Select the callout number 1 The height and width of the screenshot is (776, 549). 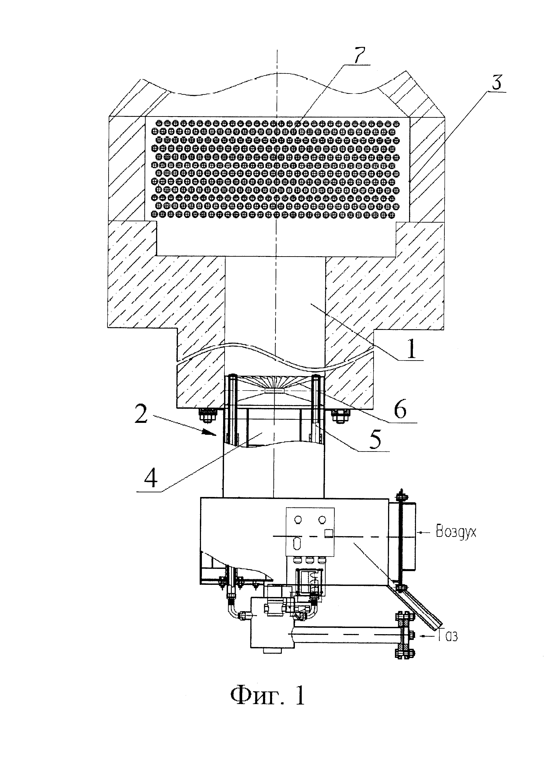coord(411,349)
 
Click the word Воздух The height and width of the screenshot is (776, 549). coord(456,532)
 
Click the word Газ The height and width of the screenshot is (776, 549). coord(448,635)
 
